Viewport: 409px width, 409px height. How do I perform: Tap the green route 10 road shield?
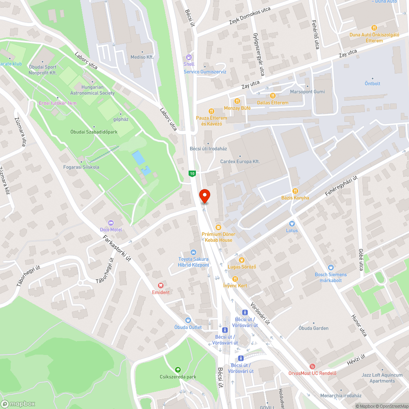click(192, 174)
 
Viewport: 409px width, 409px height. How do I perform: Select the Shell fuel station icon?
click(189, 58)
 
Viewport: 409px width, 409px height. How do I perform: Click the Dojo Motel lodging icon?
click(111, 223)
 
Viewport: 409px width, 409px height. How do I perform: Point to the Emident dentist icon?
click(161, 285)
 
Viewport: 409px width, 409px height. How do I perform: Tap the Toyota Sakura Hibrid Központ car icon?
click(193, 252)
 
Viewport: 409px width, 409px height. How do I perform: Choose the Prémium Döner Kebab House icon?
click(218, 227)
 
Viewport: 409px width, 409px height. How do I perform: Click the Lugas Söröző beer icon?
click(241, 260)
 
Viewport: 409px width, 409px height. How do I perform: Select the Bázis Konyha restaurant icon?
click(295, 191)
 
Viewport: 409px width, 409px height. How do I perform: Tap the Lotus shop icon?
click(292, 224)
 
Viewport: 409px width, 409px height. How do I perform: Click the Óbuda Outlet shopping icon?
click(188, 320)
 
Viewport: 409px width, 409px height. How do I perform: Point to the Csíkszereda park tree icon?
click(178, 370)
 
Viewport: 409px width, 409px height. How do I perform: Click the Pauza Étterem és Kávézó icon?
click(211, 111)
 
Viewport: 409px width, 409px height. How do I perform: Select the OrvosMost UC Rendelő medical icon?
click(312, 366)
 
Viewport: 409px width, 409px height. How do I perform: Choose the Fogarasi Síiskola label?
click(81, 167)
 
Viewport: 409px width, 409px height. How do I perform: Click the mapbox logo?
click(18, 403)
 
